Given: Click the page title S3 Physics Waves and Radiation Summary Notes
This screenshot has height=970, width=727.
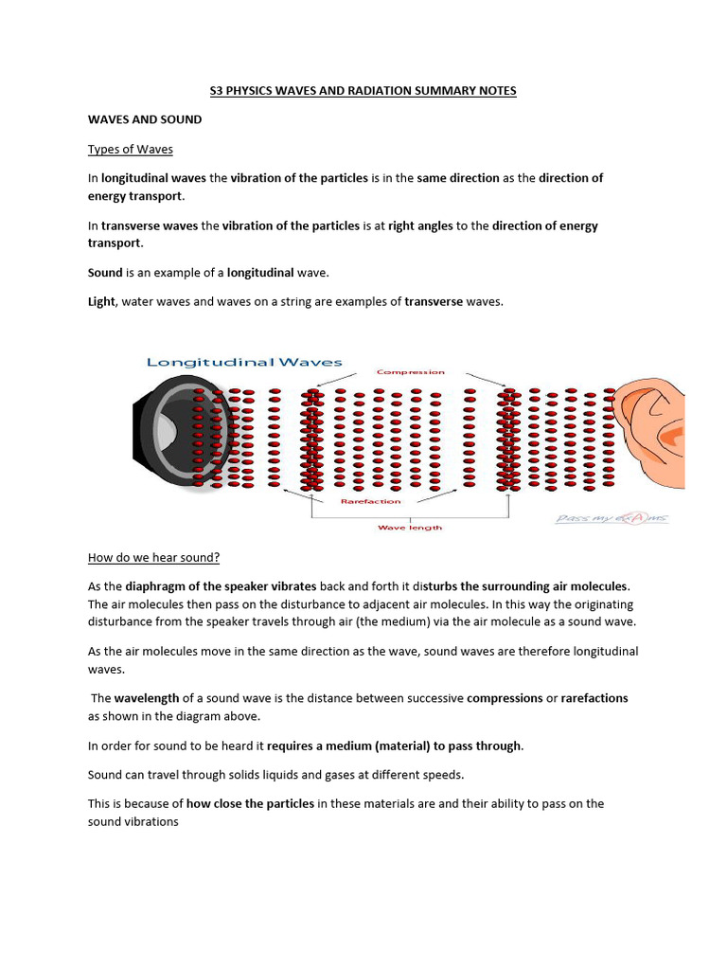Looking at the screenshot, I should (x=363, y=91).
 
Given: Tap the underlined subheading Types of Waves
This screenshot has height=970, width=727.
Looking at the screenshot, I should (x=131, y=149).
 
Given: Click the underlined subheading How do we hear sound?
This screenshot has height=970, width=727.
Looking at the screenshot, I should (x=153, y=556).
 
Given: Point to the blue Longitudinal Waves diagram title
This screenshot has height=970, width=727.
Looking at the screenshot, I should (x=244, y=362).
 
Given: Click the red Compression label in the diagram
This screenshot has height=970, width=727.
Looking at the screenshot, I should (x=410, y=372).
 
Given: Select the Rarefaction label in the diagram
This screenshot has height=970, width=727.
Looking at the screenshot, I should (x=370, y=501).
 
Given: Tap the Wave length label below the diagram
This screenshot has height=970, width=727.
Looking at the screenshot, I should (x=409, y=527).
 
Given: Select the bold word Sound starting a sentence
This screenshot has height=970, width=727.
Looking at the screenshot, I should (x=105, y=273).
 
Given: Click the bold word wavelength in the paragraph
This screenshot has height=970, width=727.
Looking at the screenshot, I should (x=147, y=698).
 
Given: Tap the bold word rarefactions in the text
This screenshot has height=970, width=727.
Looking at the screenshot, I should (x=594, y=698).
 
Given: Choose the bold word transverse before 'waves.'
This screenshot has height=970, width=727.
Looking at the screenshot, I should (x=434, y=301).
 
